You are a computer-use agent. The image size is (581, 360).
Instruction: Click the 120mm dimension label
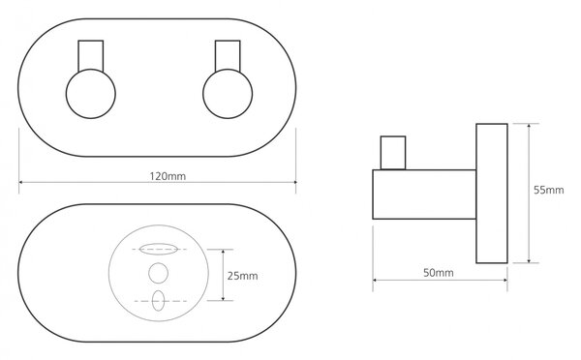[x=168, y=176]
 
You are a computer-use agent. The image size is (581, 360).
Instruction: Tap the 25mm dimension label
[x=242, y=276]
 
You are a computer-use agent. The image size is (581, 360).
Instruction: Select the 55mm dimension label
[x=548, y=190]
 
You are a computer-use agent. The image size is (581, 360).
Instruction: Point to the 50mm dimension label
[x=439, y=273]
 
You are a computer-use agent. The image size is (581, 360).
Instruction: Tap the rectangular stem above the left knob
[x=91, y=55]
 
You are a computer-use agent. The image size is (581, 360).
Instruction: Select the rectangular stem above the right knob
[x=228, y=55]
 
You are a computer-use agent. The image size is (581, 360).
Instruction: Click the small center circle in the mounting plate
[x=158, y=273]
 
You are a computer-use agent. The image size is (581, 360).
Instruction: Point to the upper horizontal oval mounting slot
[x=158, y=249]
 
